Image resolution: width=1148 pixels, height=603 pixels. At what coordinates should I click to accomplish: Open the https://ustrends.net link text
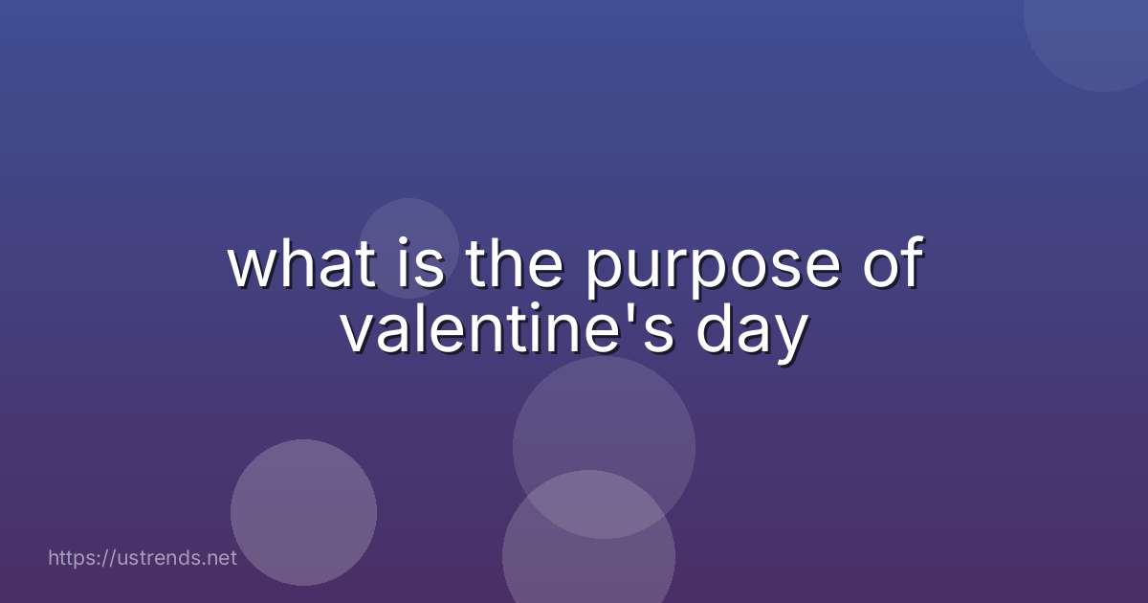[142, 557]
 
